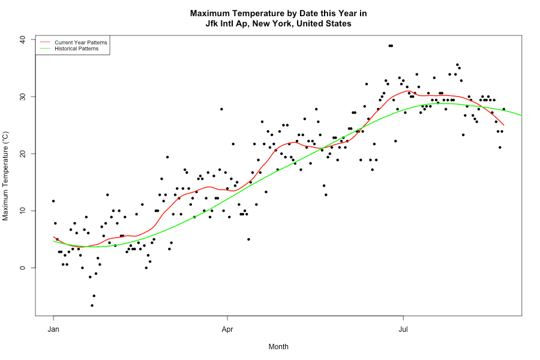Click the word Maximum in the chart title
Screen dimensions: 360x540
click(211, 13)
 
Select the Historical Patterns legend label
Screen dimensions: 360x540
click(76, 49)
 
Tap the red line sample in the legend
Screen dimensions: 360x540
click(45, 43)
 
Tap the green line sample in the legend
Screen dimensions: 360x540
click(45, 49)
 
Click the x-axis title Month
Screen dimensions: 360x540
click(278, 347)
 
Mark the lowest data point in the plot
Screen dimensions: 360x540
click(92, 305)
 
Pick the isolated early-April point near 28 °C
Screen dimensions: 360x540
click(221, 109)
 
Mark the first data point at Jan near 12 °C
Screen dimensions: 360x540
click(53, 201)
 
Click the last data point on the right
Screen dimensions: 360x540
click(504, 109)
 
